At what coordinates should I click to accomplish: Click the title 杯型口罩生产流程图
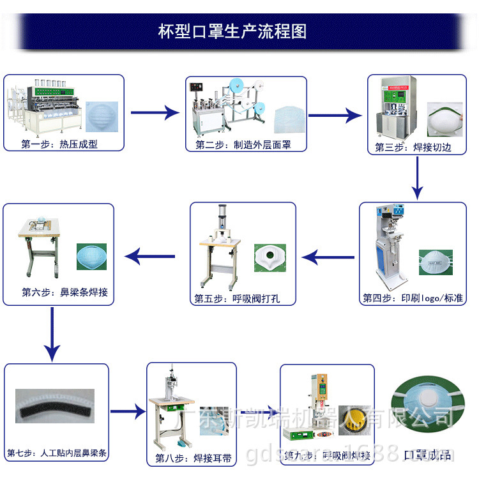pyautogui.click(x=232, y=31)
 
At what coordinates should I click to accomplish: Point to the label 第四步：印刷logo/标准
pyautogui.click(x=414, y=298)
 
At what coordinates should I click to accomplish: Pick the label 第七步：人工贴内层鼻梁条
pyautogui.click(x=57, y=454)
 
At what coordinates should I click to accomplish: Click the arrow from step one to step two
pyautogui.click(x=155, y=113)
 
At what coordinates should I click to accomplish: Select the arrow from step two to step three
pyautogui.click(x=335, y=116)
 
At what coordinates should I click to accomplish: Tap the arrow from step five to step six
pyautogui.click(x=151, y=257)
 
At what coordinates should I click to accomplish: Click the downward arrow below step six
pyautogui.click(x=52, y=336)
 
